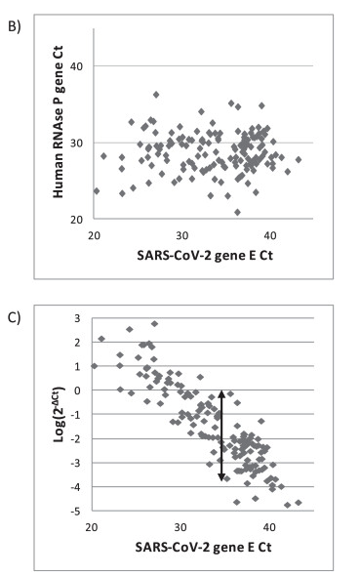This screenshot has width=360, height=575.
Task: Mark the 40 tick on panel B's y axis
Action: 75,66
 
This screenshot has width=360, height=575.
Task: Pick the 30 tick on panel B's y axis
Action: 75,143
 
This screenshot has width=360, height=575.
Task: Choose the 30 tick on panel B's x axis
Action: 182,235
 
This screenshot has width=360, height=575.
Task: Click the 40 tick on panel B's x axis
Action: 270,235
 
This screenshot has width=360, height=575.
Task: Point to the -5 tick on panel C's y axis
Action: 78,511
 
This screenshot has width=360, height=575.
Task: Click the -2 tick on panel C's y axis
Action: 78,438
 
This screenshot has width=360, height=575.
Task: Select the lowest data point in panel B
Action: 237,212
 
